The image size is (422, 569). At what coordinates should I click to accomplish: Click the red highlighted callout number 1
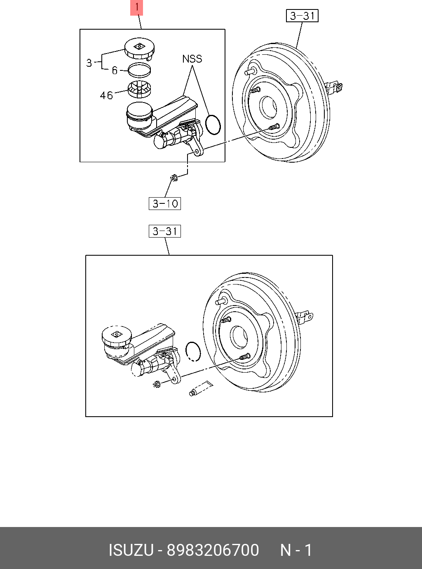point(136,8)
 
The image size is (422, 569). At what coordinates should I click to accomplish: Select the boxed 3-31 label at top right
point(302,16)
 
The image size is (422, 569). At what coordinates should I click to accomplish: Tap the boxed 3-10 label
point(165,203)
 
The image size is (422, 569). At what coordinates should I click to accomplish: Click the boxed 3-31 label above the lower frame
point(165,231)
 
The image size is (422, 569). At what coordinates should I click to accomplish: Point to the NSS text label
point(192,59)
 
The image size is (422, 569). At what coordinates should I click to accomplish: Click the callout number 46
point(106,96)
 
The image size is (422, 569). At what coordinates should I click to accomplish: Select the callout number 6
point(115,71)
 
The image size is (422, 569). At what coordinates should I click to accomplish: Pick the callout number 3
point(89,63)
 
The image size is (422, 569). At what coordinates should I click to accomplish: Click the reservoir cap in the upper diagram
point(139,49)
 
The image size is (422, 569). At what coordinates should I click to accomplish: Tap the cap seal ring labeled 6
point(139,70)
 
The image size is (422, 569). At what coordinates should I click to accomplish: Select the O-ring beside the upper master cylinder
point(213,124)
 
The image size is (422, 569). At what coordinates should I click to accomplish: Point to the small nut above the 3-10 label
point(174,178)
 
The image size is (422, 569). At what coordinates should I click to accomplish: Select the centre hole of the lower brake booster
point(239,336)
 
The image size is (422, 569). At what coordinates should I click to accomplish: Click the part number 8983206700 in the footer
point(213,550)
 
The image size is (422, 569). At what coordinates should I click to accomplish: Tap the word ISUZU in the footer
point(131,550)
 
